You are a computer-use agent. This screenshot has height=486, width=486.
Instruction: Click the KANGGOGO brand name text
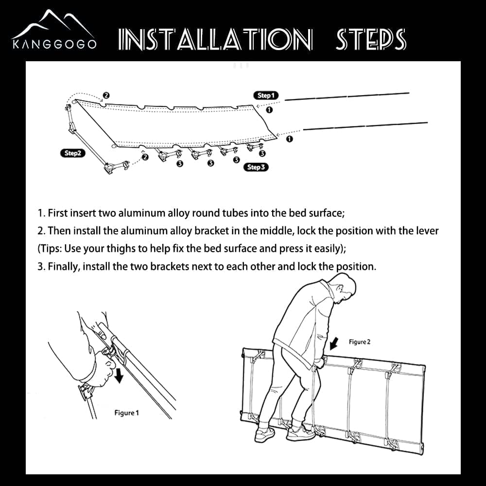coord(54,44)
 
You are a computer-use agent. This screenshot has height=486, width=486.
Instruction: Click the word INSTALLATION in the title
coord(215,39)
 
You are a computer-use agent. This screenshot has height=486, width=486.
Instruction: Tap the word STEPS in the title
coord(371,39)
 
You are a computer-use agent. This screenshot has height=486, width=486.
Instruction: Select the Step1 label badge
coord(266,95)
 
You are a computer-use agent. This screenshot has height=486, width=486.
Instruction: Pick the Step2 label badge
coord(72,153)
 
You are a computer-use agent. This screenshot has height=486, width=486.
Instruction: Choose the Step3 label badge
coord(256,167)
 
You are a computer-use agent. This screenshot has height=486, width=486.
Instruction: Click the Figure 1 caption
coord(127,413)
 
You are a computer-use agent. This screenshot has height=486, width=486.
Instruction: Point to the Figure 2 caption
coord(360,342)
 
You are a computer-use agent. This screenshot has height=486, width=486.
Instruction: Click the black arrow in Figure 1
coord(119,375)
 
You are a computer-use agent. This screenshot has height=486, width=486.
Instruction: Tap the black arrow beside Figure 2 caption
coord(334,344)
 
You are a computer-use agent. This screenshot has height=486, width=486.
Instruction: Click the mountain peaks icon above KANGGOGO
coord(53,24)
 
